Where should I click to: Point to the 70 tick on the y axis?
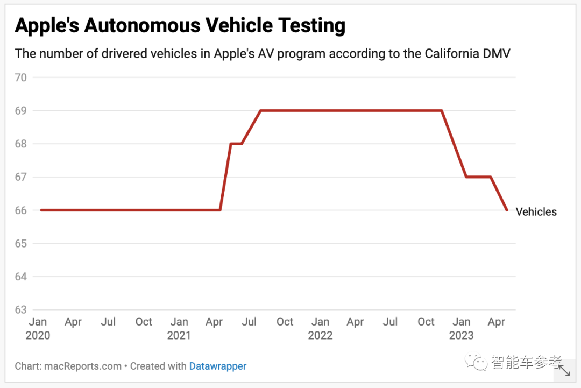[x=21, y=77]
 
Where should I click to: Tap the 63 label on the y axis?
[x=21, y=310]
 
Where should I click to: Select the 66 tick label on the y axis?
[x=21, y=210]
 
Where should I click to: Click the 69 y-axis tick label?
[x=21, y=111]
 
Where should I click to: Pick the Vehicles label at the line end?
[x=536, y=212]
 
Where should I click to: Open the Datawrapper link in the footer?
[x=218, y=366]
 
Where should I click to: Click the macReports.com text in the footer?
[x=83, y=366]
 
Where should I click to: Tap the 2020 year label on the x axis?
[x=38, y=336]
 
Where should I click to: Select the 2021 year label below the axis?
[x=179, y=336]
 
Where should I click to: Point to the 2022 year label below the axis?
[x=320, y=336]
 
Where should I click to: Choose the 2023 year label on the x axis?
[x=462, y=336]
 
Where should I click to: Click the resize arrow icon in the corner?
[x=564, y=370]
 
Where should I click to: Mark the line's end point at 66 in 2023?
[x=507, y=210]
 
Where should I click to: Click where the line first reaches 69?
[x=260, y=110]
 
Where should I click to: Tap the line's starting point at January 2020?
[x=41, y=210]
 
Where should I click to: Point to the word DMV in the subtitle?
[x=498, y=54]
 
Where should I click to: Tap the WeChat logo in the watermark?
[x=477, y=362]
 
